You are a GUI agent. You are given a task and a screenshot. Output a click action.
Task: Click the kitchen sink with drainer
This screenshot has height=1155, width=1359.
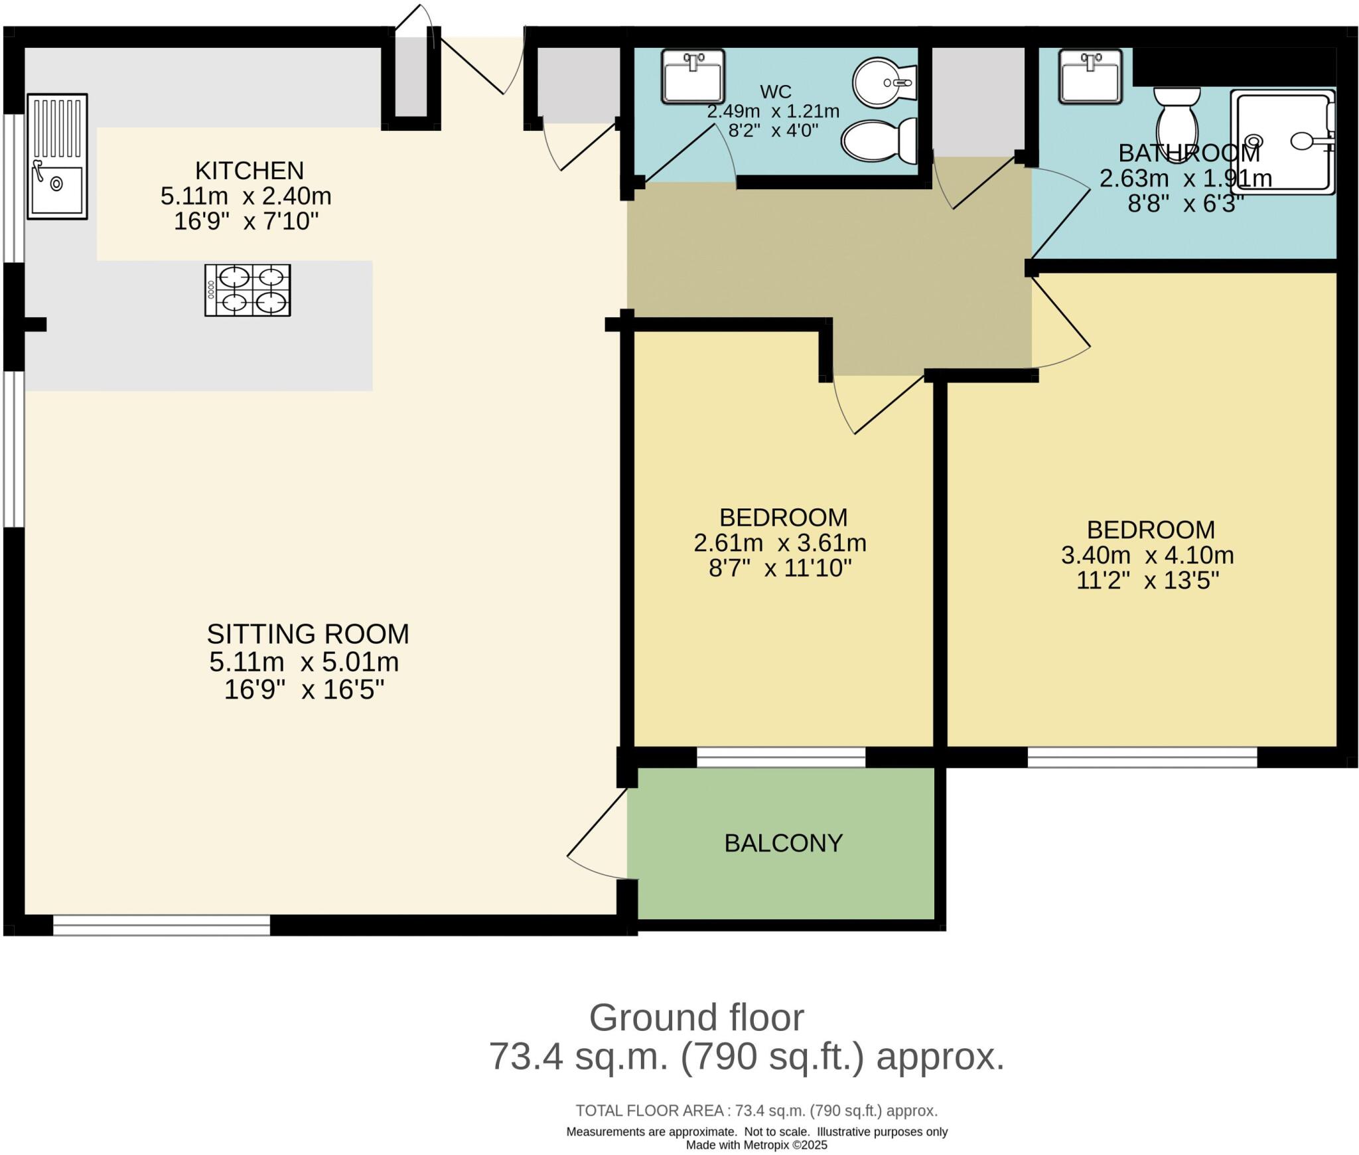[57, 157]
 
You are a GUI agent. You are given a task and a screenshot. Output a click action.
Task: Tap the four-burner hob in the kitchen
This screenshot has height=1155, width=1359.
[248, 290]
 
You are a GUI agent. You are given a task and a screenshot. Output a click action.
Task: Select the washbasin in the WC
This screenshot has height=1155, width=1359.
[692, 76]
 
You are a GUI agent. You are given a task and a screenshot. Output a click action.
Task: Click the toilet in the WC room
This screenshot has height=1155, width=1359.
[879, 141]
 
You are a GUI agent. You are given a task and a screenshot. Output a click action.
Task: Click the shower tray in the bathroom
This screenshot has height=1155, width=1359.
[1281, 141]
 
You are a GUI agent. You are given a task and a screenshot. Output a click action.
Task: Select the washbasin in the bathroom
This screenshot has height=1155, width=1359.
[1090, 76]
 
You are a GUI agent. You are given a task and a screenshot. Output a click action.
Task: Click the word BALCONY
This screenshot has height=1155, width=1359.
[783, 843]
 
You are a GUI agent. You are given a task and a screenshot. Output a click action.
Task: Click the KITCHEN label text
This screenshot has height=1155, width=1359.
[250, 171]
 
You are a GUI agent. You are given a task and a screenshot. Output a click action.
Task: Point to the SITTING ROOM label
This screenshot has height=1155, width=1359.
[308, 634]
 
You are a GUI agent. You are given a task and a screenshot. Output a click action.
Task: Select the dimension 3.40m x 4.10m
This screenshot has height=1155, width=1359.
[1147, 555]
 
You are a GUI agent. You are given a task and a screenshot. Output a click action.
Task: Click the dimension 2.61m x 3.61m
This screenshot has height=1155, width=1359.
[780, 543]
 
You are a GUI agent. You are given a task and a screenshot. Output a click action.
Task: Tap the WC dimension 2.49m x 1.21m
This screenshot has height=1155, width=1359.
[772, 112]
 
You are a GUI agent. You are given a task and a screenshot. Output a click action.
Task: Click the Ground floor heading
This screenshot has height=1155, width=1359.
[696, 1018]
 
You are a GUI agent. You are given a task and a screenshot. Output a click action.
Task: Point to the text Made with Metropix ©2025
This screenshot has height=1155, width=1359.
[756, 1144]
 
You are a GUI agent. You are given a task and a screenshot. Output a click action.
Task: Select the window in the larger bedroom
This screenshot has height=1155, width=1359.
[1142, 757]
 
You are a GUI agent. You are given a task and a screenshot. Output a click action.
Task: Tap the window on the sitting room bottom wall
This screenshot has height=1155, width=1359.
[161, 925]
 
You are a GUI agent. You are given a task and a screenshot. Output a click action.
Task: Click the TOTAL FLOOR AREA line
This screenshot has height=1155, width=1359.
[756, 1111]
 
